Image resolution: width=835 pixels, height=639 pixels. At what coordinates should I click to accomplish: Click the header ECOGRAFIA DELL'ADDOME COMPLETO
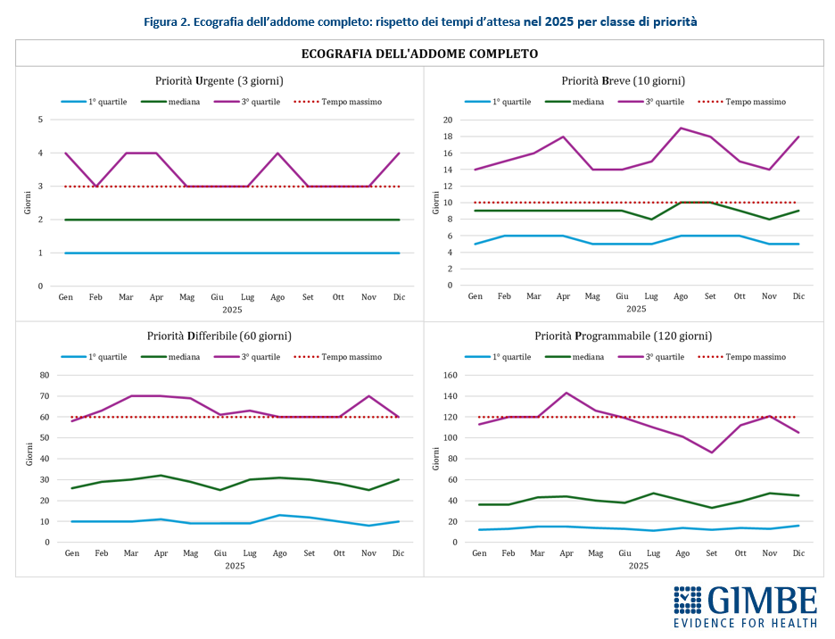[419, 54]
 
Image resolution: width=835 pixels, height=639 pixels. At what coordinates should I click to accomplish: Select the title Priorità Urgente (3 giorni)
[219, 80]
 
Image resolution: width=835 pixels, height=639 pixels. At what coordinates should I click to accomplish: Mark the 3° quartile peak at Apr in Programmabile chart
[566, 393]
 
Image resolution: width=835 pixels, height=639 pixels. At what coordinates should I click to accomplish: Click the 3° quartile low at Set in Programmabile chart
[711, 452]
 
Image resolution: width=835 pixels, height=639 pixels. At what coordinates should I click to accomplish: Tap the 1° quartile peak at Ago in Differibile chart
[278, 515]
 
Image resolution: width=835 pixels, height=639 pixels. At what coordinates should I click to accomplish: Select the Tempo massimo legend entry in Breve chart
[741, 102]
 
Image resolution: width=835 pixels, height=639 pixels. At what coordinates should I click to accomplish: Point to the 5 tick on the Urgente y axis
[40, 120]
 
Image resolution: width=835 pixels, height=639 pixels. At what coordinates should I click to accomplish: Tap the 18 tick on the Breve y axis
[448, 137]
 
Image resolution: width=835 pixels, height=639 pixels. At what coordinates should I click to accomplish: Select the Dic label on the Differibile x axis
[398, 553]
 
